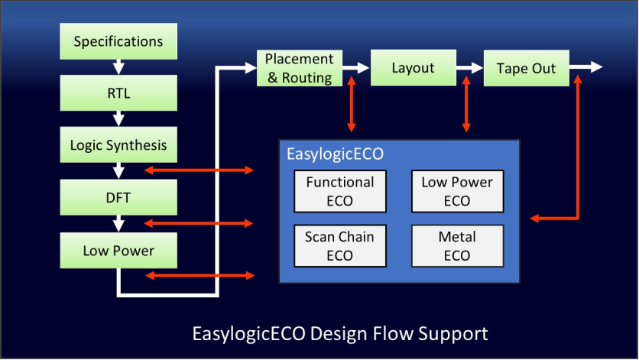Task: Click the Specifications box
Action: [x=118, y=41]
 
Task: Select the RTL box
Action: [x=118, y=93]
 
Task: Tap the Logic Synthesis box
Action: [x=118, y=145]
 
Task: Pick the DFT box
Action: [x=118, y=197]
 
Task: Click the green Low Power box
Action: [x=118, y=250]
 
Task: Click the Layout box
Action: [x=413, y=68]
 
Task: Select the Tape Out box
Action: [x=526, y=68]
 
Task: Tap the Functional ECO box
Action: [x=340, y=190]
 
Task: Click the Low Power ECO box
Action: [x=457, y=190]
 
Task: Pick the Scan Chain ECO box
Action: [x=340, y=245]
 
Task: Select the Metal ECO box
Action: [x=457, y=245]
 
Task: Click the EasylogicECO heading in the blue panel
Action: [x=335, y=154]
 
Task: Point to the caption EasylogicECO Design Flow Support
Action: [x=339, y=334]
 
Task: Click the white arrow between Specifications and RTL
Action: [x=118, y=67]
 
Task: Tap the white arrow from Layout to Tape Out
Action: [x=469, y=68]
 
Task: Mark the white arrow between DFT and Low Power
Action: [x=118, y=223]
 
